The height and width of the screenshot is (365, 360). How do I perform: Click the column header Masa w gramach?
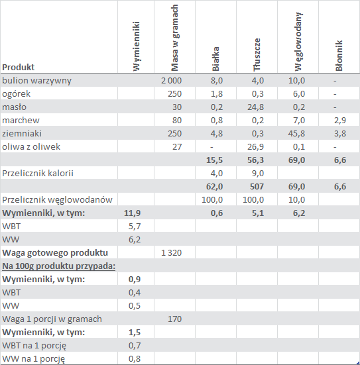(x=174, y=38)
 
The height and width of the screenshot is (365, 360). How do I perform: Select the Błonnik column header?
(x=339, y=56)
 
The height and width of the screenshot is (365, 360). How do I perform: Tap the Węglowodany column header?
(x=298, y=42)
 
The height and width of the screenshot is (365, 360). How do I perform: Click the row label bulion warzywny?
(x=37, y=81)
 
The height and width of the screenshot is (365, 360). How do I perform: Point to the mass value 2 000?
(x=171, y=81)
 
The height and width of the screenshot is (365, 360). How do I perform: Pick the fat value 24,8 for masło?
(x=255, y=107)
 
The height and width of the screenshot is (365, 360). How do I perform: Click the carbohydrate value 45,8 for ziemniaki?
(x=296, y=134)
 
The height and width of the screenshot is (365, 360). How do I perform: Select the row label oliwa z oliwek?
(x=31, y=146)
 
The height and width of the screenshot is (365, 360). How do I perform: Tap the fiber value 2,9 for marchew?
(x=340, y=121)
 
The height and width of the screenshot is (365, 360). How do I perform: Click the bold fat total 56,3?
(x=255, y=160)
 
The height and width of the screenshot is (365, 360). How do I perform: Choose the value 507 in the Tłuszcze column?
(x=257, y=187)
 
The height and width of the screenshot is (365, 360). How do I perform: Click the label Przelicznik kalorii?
(x=38, y=173)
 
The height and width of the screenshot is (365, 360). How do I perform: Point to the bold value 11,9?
(x=132, y=213)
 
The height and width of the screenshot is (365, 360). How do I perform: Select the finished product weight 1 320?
(x=171, y=253)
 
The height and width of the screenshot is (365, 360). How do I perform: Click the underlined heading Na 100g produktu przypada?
(x=59, y=266)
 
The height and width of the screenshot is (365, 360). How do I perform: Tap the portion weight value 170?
(x=174, y=319)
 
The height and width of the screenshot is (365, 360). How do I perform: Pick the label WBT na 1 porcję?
(x=34, y=346)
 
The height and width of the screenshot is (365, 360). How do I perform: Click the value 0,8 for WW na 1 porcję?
(x=135, y=359)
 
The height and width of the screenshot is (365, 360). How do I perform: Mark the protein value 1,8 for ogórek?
(x=217, y=94)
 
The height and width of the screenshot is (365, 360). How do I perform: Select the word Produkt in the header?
(x=18, y=68)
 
